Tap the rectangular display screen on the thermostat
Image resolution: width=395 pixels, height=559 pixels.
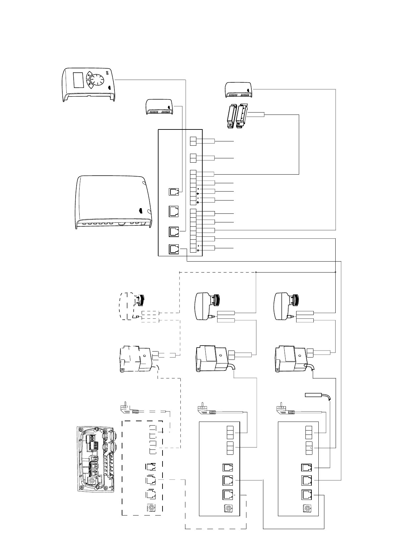click(x=78, y=80)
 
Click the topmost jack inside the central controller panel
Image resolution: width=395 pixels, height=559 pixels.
click(x=174, y=192)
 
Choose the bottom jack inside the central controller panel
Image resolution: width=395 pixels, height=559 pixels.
click(x=174, y=249)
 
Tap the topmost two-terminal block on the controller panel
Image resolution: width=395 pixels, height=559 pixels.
click(x=193, y=141)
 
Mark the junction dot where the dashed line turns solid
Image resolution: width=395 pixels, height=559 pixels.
click(x=256, y=272)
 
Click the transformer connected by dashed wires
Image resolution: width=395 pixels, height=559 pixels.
click(x=136, y=359)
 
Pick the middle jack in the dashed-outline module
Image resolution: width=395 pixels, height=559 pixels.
click(x=151, y=480)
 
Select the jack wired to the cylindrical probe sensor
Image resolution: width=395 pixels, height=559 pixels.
click(x=306, y=467)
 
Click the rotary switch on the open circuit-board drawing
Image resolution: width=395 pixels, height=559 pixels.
click(x=92, y=481)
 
